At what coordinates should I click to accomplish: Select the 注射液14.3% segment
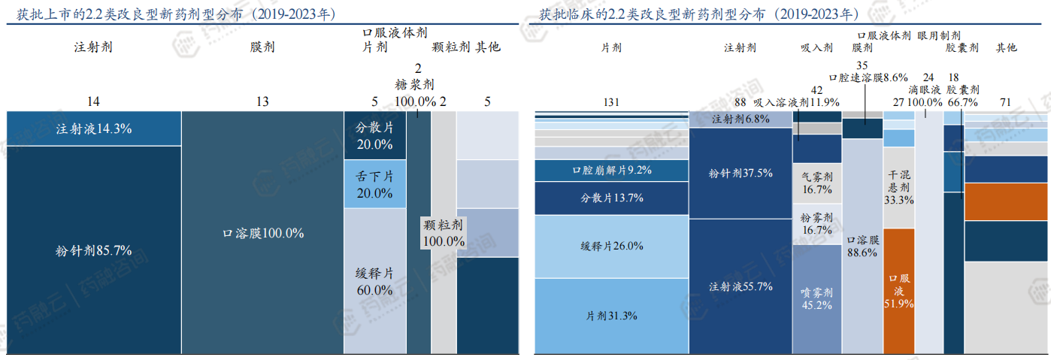(x=93, y=129)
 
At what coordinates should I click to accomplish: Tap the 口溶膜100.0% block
(x=262, y=233)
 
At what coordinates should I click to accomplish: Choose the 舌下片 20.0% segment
(x=374, y=184)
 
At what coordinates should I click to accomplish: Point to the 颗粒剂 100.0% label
(x=444, y=233)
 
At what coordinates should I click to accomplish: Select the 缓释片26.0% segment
(x=611, y=247)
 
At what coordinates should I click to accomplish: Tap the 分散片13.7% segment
(x=611, y=198)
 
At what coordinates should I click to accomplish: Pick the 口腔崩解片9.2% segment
(x=611, y=171)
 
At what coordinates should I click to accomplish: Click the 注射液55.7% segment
(x=740, y=286)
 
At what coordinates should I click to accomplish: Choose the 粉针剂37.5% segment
(x=740, y=173)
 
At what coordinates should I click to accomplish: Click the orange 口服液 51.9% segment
(x=898, y=290)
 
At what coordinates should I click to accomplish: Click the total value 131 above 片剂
(x=612, y=102)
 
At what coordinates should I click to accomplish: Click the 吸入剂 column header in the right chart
(x=816, y=47)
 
